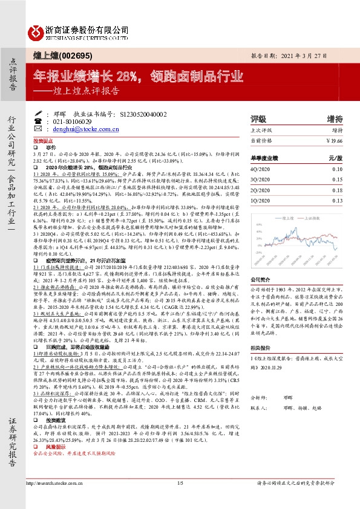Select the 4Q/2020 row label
pyautogui.click(x=260, y=169)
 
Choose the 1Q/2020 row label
pyautogui.click(x=260, y=199)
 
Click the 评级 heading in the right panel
pyautogui.click(x=258, y=118)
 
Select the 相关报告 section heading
pyautogui.click(x=263, y=348)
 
